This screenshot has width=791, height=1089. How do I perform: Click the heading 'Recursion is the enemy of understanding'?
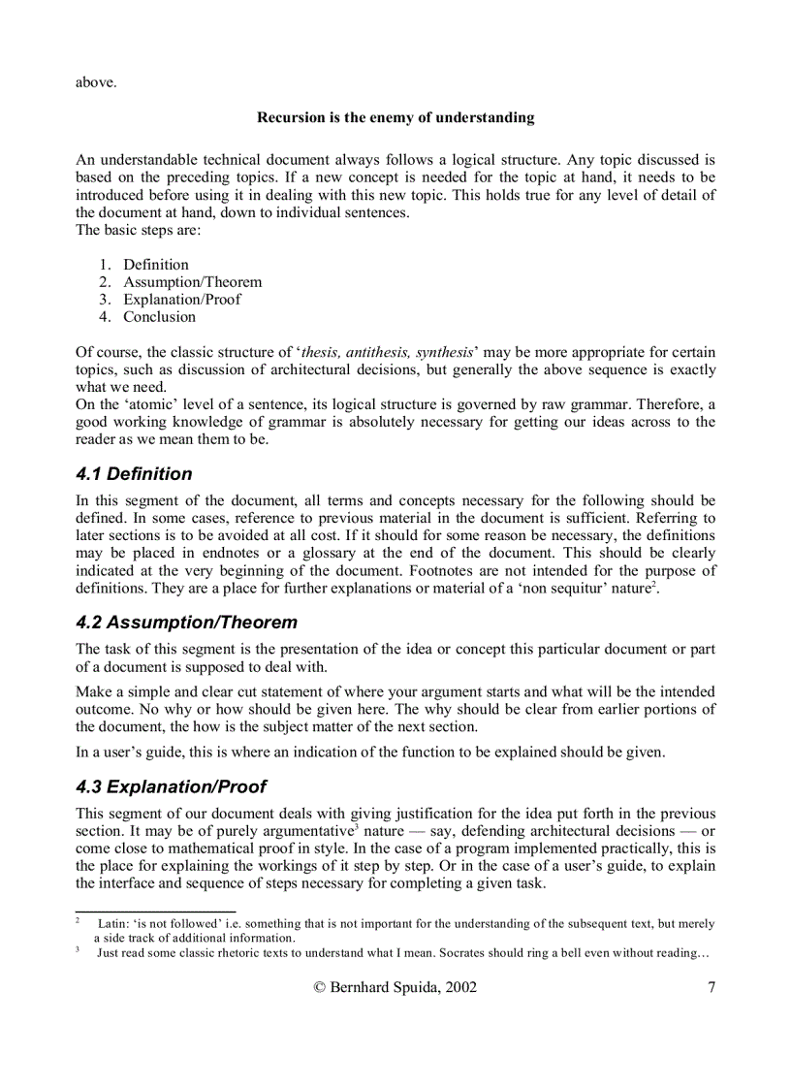point(395,117)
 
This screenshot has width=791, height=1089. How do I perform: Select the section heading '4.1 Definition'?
point(134,474)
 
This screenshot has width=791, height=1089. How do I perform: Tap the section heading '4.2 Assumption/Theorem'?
point(186,623)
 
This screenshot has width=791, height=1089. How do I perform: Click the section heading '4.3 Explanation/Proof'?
point(171,786)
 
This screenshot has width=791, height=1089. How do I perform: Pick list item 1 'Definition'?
point(155,264)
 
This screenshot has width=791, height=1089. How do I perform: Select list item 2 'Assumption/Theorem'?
point(192,281)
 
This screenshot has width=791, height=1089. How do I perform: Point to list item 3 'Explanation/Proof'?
point(181,299)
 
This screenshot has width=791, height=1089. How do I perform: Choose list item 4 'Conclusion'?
point(159,316)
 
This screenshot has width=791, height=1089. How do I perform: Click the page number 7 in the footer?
point(712,987)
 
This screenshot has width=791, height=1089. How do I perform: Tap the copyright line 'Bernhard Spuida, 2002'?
point(395,987)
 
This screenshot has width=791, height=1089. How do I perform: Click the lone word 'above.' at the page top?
point(96,81)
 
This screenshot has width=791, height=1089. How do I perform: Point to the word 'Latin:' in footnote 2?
point(114,924)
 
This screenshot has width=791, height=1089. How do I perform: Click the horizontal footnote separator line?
point(155,912)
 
